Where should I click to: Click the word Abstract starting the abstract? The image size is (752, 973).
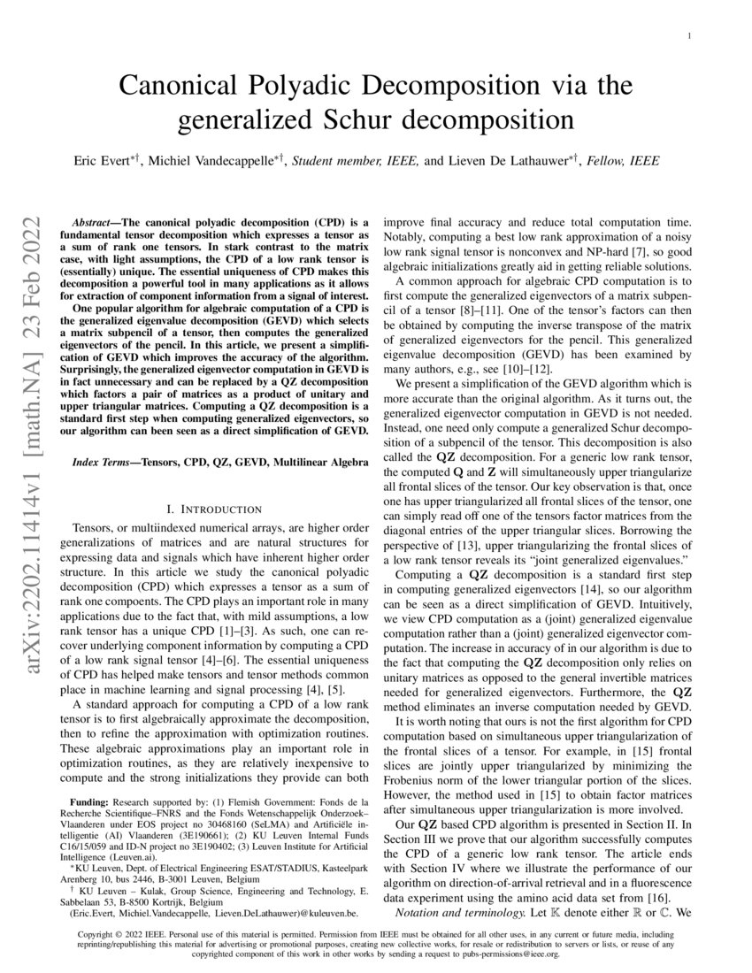93,226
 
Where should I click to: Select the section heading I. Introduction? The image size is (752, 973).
215,509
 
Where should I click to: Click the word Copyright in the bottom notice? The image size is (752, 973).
100,934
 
